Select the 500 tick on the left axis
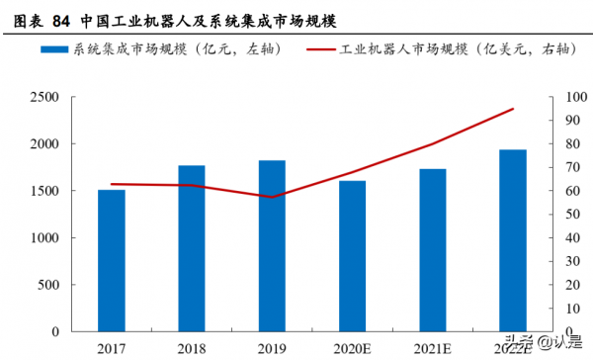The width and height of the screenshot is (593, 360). pos(48,286)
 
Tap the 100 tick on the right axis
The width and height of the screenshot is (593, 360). pos(574,97)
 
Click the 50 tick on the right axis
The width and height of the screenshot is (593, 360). pos(571,215)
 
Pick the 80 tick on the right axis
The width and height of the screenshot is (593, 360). pos(571,144)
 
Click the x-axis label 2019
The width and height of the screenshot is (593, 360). pos(272,347)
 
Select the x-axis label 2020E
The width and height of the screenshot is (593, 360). pos(352,347)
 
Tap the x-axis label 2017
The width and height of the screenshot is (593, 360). pos(112,347)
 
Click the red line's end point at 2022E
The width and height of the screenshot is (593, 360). pos(513,109)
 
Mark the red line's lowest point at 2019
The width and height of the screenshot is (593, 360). pos(272,197)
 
